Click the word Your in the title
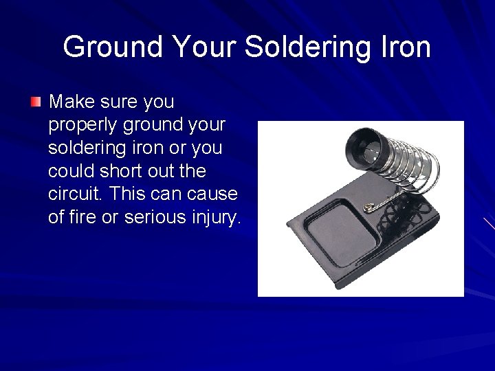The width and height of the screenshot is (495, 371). click(204, 47)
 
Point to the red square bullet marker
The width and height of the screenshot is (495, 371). click(36, 102)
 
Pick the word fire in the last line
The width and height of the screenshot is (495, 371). click(84, 217)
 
